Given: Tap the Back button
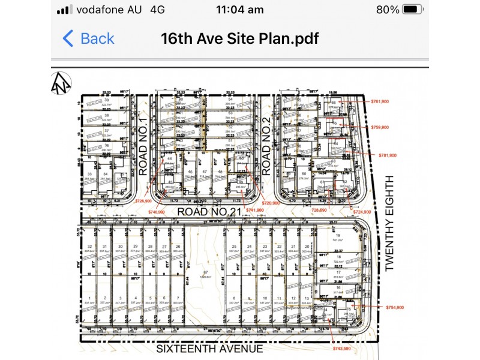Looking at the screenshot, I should (88, 39).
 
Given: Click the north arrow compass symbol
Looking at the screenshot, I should (61, 82).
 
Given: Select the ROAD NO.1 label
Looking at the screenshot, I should (143, 146).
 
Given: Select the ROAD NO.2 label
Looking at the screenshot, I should (267, 146).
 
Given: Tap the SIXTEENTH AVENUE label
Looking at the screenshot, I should (209, 349).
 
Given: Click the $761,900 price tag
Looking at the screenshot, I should (380, 101).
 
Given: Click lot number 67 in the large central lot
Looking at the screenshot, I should (205, 272).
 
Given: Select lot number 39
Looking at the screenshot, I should (106, 100).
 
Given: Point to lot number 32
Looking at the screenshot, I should (89, 247).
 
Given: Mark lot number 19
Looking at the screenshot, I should (338, 235).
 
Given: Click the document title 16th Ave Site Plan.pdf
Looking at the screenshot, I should (239, 39).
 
